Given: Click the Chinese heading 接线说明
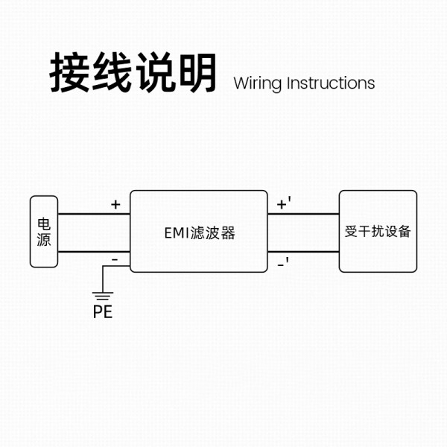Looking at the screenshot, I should [133, 73].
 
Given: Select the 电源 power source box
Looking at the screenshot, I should [44, 232].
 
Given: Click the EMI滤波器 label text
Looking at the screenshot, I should [199, 232].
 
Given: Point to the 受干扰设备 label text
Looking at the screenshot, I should [378, 231].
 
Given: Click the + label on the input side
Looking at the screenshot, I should [115, 204].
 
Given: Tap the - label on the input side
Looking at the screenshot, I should [115, 259].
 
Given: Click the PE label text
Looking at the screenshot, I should [103, 312].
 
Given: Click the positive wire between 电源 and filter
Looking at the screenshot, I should [94, 214].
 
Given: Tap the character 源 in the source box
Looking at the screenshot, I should [44, 240].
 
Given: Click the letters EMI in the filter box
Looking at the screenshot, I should [177, 232].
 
